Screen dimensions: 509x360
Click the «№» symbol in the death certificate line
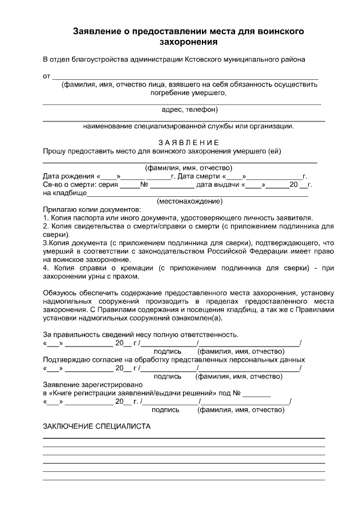tap(144, 184)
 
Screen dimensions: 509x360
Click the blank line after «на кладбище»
tap(197, 194)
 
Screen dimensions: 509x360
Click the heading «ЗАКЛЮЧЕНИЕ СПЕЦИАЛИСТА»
tap(97, 427)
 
